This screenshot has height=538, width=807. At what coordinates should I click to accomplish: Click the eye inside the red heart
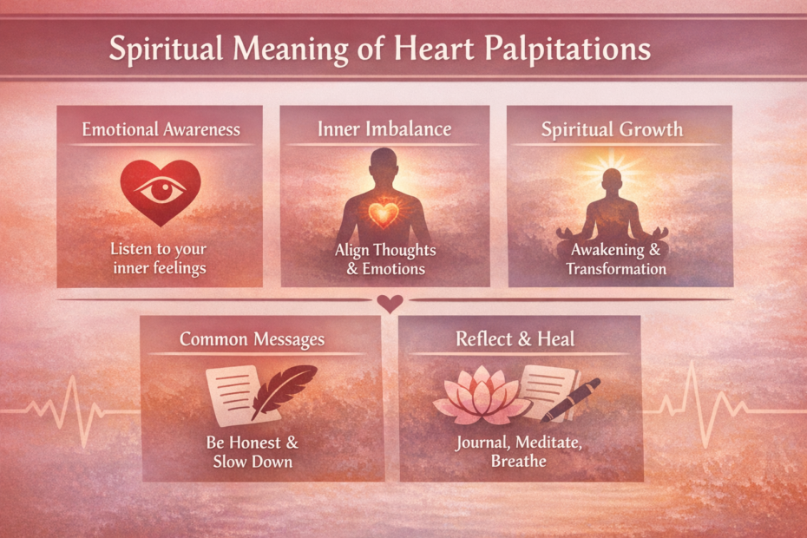click(159, 191)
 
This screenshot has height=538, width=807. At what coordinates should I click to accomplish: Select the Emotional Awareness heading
click(161, 129)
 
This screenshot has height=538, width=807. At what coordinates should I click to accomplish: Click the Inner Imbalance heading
click(385, 129)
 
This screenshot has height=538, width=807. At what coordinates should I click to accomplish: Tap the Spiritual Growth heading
click(612, 130)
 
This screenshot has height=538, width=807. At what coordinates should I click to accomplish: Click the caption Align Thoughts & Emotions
click(385, 259)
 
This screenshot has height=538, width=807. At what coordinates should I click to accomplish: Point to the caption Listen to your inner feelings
click(159, 258)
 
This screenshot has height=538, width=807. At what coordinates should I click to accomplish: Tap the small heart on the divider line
click(390, 303)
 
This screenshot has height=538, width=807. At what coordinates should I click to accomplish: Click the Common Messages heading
click(252, 338)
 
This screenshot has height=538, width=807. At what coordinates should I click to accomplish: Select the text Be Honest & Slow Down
click(253, 452)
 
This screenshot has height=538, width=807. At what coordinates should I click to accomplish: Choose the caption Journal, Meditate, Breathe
click(518, 452)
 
